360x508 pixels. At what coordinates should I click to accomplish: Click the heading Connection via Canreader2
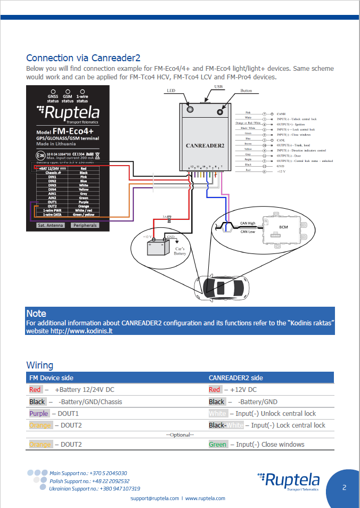click(x=83, y=58)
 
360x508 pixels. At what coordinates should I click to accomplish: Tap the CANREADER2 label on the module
click(x=205, y=145)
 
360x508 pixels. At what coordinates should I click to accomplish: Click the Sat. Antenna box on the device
click(x=51, y=225)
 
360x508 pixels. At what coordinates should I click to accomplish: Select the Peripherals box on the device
click(x=85, y=225)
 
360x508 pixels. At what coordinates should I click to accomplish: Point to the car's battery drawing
click(x=158, y=247)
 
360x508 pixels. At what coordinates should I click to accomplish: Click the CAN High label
click(x=248, y=223)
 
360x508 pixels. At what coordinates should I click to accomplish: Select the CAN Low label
click(x=248, y=232)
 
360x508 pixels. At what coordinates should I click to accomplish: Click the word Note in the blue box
click(x=36, y=314)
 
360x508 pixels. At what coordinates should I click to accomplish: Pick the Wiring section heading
click(x=40, y=365)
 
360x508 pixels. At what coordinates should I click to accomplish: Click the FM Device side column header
click(x=51, y=378)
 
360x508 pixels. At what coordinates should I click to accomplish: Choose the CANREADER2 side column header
click(x=235, y=378)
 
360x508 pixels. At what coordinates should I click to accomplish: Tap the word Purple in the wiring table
click(x=38, y=413)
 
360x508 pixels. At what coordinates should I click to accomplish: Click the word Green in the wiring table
click(x=218, y=444)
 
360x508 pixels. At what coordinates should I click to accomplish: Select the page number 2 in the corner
click(x=345, y=487)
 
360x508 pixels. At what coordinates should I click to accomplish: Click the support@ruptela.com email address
click(x=155, y=498)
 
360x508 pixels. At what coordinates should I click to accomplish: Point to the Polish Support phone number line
click(x=89, y=481)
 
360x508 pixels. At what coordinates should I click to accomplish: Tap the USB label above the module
click(x=218, y=86)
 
